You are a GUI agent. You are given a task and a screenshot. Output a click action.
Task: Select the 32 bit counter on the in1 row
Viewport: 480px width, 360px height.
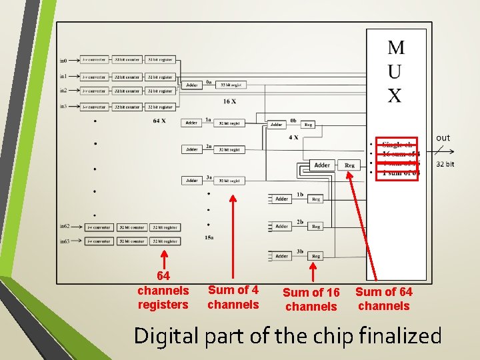click(127, 76)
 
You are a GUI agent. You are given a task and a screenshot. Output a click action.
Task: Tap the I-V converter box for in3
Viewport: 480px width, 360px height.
click(93, 107)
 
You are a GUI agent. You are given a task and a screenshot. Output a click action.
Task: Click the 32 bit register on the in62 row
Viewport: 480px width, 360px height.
click(165, 227)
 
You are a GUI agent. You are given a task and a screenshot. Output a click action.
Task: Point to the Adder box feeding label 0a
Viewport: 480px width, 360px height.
click(192, 85)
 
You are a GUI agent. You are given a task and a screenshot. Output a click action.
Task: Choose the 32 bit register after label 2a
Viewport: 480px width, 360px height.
click(229, 149)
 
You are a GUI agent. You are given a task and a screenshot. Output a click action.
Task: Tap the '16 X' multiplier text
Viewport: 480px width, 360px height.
click(229, 101)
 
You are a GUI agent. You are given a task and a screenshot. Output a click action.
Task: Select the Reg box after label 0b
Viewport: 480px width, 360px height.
click(308, 124)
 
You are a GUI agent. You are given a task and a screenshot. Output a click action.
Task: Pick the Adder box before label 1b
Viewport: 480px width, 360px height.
click(282, 199)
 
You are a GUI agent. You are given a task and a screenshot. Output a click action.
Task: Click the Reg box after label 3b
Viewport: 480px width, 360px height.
click(316, 256)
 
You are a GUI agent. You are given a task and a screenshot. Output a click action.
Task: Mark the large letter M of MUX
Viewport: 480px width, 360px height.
click(395, 47)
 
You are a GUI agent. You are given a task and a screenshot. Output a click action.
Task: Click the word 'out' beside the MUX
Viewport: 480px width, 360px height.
click(443, 138)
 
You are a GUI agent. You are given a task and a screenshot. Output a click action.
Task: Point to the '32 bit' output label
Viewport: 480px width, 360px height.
click(445, 164)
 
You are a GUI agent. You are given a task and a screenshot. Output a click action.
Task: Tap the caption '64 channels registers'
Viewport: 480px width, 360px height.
click(163, 290)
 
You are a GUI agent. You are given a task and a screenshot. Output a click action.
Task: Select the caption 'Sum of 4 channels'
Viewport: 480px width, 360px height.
click(233, 297)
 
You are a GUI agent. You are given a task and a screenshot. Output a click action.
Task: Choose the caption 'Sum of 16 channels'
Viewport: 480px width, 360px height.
click(311, 299)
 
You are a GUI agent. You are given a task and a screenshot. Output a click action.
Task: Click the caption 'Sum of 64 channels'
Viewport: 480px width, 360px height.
click(383, 299)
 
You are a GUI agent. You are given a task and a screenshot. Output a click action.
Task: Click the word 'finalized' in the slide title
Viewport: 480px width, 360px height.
click(399, 335)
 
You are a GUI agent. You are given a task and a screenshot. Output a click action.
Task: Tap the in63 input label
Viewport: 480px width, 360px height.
click(65, 241)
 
